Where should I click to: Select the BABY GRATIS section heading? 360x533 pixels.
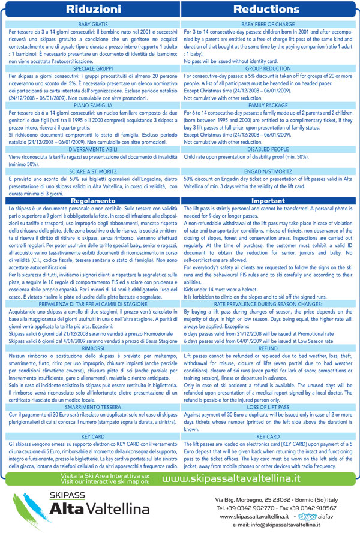coord(91,23)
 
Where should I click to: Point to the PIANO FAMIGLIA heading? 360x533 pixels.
coord(91,105)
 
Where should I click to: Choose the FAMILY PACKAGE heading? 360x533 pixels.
coord(269,105)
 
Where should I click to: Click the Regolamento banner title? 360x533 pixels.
coord(91,201)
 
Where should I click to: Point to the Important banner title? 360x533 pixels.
coord(269,201)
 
